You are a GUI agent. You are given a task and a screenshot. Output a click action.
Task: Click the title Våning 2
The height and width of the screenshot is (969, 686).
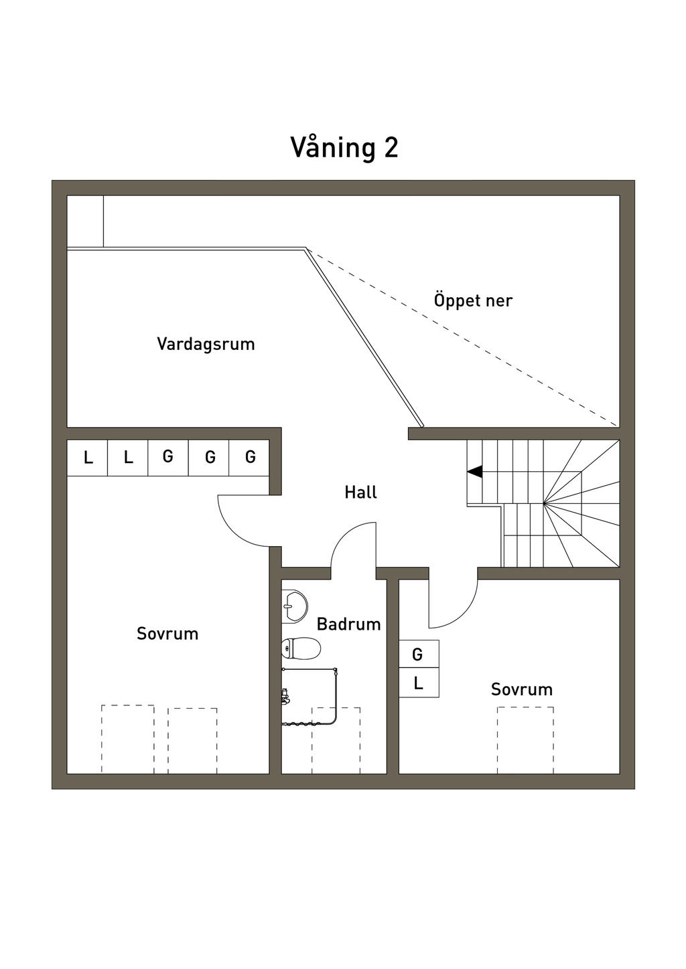[x=344, y=147]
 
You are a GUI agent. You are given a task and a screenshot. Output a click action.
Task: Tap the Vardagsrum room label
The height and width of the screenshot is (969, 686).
[x=206, y=344]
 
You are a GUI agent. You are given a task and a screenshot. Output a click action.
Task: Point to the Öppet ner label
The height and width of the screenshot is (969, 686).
[x=473, y=300]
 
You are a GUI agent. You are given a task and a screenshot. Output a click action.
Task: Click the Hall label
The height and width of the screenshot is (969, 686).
[x=360, y=493]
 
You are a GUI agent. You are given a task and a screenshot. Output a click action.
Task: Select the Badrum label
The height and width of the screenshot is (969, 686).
[x=348, y=624]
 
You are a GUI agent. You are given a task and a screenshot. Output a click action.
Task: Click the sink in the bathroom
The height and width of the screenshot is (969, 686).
[x=293, y=604]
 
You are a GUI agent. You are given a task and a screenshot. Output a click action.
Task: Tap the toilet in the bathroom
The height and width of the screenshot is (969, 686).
[x=301, y=648]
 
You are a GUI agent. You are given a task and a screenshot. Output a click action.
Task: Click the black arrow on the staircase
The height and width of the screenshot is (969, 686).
[x=474, y=472]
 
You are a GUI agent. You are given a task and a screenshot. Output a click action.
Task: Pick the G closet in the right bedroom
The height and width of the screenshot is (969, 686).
[x=419, y=654]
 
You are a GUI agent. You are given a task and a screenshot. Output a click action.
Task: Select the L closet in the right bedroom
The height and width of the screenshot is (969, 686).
[x=419, y=683]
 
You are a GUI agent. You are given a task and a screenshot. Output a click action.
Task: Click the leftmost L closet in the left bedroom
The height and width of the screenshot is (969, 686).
[x=88, y=458]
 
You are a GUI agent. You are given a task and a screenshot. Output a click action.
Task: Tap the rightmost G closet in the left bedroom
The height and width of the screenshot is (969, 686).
[x=250, y=457]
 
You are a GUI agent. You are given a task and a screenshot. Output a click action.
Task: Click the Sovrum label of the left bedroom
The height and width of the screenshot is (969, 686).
[x=167, y=634]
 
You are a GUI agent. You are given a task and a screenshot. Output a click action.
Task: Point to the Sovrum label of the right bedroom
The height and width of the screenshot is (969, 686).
[x=521, y=689]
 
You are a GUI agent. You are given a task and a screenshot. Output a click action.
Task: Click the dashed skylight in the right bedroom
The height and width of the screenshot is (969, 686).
[x=525, y=739]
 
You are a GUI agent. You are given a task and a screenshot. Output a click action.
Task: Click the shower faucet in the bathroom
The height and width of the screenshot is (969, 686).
[x=285, y=696]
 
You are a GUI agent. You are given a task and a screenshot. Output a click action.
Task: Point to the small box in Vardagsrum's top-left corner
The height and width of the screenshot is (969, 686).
[x=85, y=222]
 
